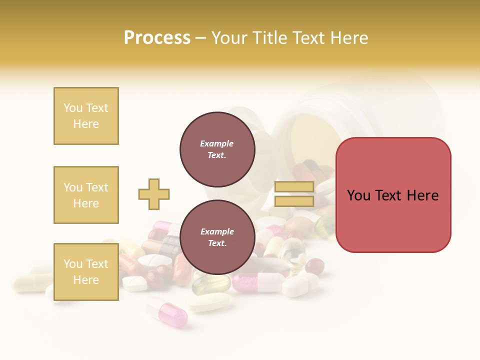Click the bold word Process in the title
[157, 38]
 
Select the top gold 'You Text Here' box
[86, 116]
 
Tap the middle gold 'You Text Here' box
[86, 195]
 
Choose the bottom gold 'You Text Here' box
[86, 272]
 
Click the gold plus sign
[154, 194]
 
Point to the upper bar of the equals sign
[294, 187]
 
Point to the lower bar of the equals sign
[294, 201]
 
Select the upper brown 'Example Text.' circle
[217, 149]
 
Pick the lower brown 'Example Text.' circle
[217, 237]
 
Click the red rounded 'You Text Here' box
[393, 195]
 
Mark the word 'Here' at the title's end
[348, 38]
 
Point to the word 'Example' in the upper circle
[217, 143]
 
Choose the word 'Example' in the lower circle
[217, 231]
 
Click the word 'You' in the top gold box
[72, 108]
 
